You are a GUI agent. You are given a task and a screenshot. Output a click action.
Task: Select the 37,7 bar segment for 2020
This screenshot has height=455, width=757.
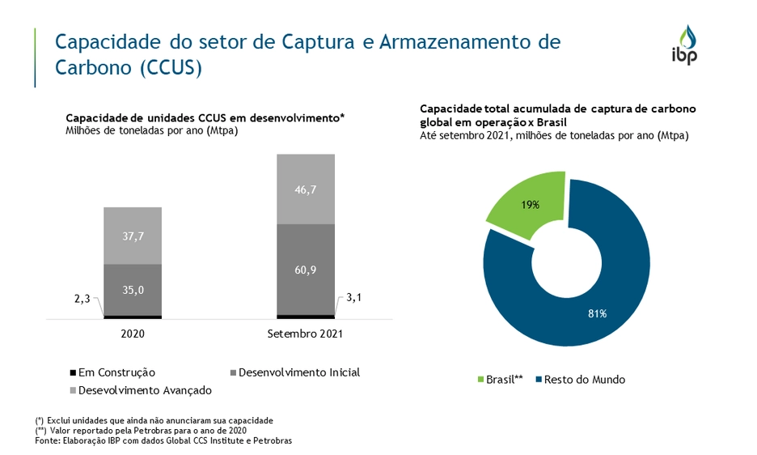[133, 236]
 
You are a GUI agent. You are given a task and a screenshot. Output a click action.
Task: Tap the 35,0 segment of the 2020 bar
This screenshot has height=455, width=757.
[133, 289]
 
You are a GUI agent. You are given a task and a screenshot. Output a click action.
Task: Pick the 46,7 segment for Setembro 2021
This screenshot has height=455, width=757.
[306, 189]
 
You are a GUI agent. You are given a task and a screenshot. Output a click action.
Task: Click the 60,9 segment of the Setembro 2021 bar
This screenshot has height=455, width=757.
[306, 269]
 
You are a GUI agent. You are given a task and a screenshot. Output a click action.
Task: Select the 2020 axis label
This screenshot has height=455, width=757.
[133, 333]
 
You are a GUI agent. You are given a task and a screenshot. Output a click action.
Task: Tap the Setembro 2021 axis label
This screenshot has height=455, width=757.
[306, 333]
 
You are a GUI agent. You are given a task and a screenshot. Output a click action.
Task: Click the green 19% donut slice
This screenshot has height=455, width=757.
[530, 205]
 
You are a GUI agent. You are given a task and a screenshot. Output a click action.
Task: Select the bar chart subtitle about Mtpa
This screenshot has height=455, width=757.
[151, 130]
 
